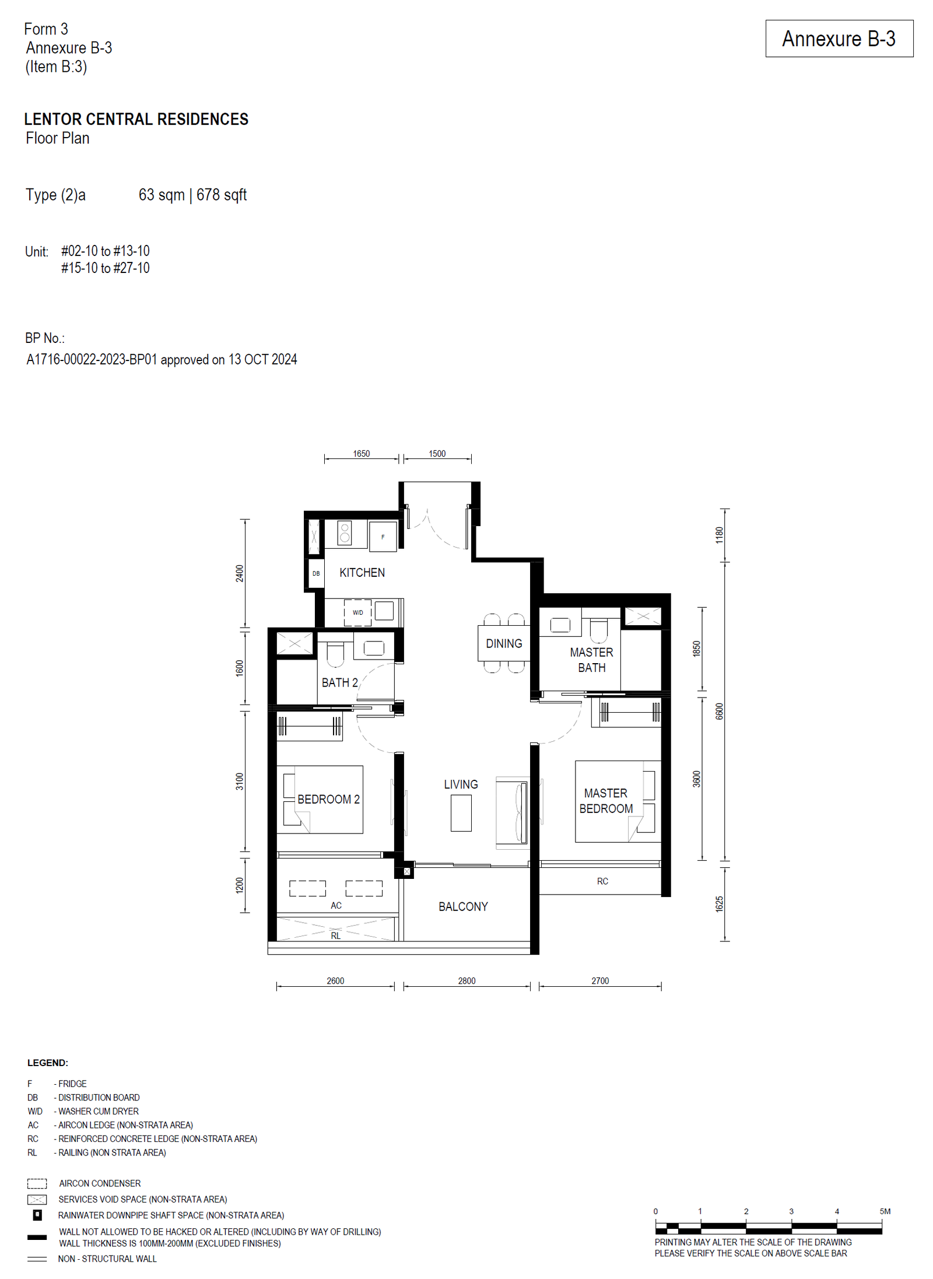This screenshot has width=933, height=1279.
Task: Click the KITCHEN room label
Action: pyautogui.click(x=362, y=573)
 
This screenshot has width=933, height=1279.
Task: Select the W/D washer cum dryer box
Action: pyautogui.click(x=357, y=612)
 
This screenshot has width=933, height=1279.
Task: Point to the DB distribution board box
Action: pyautogui.click(x=316, y=573)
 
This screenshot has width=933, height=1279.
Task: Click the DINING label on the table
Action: pyautogui.click(x=504, y=643)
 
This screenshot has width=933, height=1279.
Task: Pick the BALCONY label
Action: pyautogui.click(x=463, y=906)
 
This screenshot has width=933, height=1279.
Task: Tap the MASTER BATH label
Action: pyautogui.click(x=591, y=660)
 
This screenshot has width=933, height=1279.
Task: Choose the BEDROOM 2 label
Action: pyautogui.click(x=328, y=799)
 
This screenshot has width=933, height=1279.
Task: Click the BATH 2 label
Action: pyautogui.click(x=340, y=682)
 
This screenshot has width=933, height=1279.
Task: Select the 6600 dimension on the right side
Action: pyautogui.click(x=719, y=711)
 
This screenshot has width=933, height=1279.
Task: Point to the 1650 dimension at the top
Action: pyautogui.click(x=361, y=454)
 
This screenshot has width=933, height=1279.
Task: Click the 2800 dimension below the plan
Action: pyautogui.click(x=466, y=981)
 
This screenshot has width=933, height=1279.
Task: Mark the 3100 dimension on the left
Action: pyautogui.click(x=240, y=782)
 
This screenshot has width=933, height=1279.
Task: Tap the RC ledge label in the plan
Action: pyautogui.click(x=602, y=881)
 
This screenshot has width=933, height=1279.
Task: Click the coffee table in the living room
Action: pyautogui.click(x=461, y=813)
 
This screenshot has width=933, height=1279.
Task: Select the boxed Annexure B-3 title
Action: pyautogui.click(x=839, y=38)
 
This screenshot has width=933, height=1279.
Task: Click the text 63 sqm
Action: pyautogui.click(x=162, y=195)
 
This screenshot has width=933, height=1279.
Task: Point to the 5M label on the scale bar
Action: pyautogui.click(x=885, y=1211)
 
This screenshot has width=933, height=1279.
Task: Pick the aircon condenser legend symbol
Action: pyautogui.click(x=37, y=1183)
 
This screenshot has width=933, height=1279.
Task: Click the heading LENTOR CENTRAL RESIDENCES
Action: pyautogui.click(x=136, y=120)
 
